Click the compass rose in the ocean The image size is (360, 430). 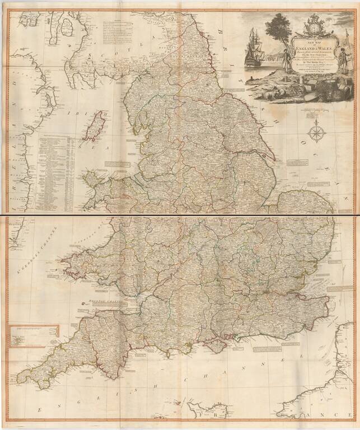point(317,134)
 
